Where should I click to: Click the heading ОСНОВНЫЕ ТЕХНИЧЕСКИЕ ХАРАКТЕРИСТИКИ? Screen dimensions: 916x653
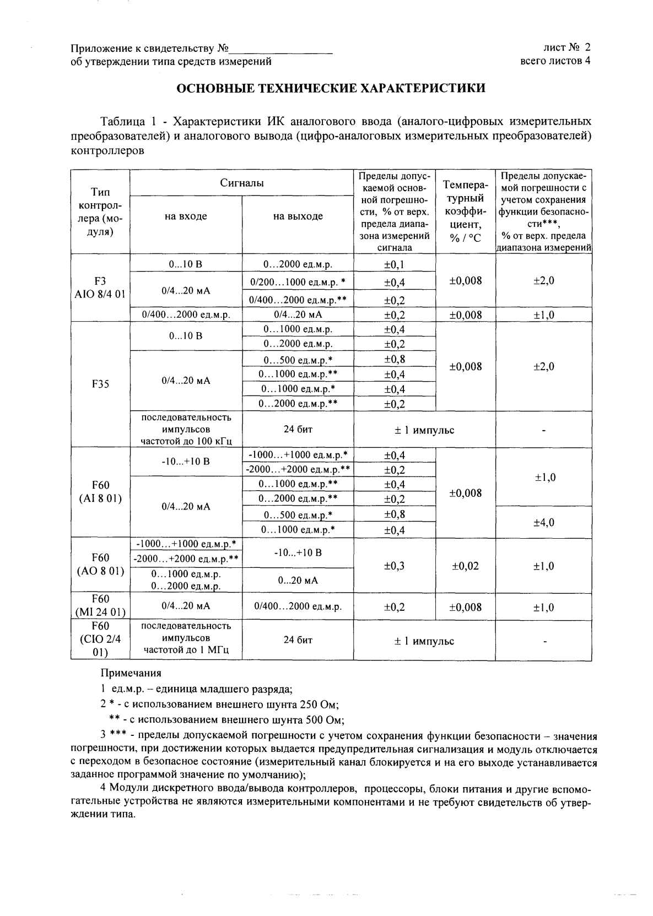pyautogui.click(x=330, y=88)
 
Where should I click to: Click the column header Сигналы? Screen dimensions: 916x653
pyautogui.click(x=241, y=183)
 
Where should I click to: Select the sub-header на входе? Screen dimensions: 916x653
pyautogui.click(x=186, y=216)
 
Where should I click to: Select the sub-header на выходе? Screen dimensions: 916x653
pyautogui.click(x=298, y=216)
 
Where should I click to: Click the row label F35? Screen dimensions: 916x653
pyautogui.click(x=100, y=384)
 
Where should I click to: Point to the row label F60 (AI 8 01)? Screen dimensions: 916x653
pyautogui.click(x=100, y=492)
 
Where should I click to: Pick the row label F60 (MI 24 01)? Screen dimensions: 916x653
pyautogui.click(x=100, y=605)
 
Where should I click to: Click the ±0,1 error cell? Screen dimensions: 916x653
pyautogui.click(x=394, y=265)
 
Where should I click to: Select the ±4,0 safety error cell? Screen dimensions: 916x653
pyautogui.click(x=543, y=522)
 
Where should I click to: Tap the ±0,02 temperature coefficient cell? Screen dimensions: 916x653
pyautogui.click(x=465, y=566)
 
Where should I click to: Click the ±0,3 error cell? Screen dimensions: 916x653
pyautogui.click(x=394, y=566)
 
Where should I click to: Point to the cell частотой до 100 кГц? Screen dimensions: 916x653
pyautogui.click(x=186, y=441)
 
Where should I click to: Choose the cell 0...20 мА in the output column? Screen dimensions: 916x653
pyautogui.click(x=298, y=580)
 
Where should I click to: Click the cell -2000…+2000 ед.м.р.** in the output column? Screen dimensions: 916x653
pyautogui.click(x=298, y=469)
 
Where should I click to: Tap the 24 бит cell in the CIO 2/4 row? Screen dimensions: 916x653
pyautogui.click(x=298, y=640)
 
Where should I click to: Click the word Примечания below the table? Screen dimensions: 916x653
pyautogui.click(x=131, y=673)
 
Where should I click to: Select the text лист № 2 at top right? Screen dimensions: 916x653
pyautogui.click(x=566, y=47)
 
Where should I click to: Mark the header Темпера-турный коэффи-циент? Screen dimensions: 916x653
pyautogui.click(x=465, y=211)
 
